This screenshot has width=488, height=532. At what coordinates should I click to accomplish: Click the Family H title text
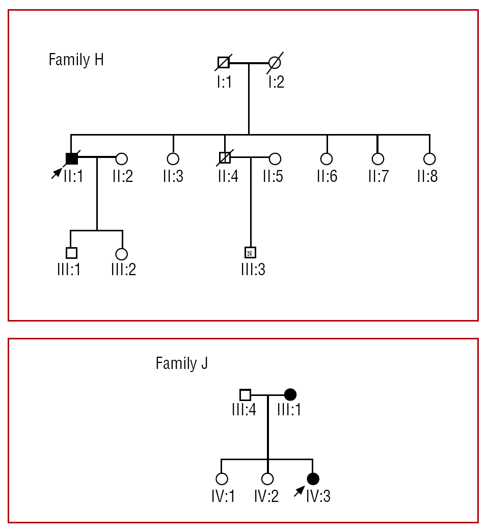click(76, 60)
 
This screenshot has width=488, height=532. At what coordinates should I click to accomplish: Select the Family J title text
click(181, 364)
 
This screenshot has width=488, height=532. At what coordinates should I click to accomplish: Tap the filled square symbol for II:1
click(72, 158)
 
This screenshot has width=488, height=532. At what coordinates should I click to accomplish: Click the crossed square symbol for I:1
click(224, 63)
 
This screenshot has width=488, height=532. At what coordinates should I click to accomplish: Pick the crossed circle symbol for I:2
click(275, 63)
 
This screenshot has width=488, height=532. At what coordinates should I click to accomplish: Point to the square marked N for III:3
click(250, 253)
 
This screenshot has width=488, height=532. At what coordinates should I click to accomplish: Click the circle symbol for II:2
click(121, 158)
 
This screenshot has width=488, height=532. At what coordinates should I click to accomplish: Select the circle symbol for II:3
click(173, 158)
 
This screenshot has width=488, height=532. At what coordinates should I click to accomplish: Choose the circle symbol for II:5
click(275, 158)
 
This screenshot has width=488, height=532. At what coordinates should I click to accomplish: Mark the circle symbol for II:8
click(429, 158)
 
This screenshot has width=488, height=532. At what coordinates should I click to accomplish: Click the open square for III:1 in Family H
click(71, 253)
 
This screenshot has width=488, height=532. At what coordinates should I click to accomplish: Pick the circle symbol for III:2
click(121, 254)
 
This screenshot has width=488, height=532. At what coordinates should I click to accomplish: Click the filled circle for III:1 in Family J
click(290, 394)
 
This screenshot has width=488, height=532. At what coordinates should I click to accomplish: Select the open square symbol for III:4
click(245, 394)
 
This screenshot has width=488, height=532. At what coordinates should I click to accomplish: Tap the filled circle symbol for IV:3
click(313, 478)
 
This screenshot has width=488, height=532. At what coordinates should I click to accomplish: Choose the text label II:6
click(327, 176)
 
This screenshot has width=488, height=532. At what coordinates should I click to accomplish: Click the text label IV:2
click(267, 496)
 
